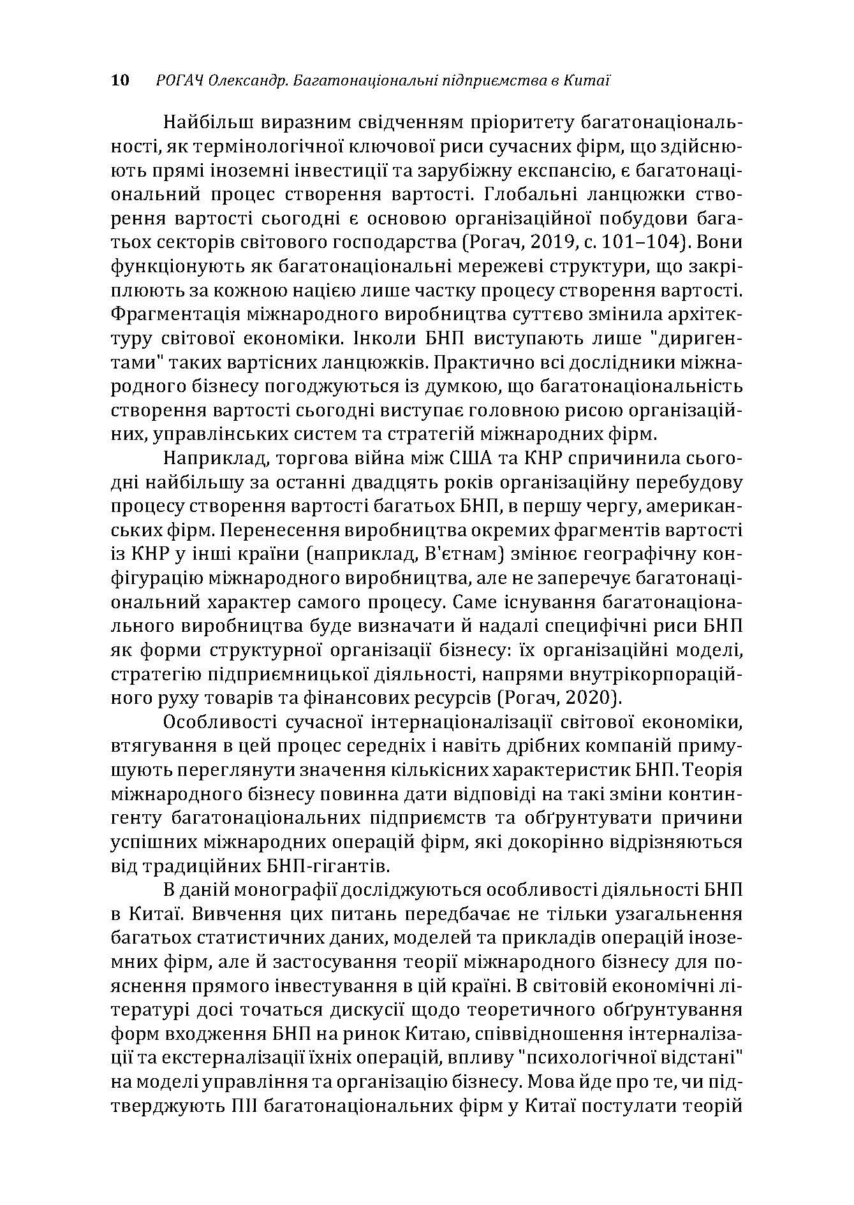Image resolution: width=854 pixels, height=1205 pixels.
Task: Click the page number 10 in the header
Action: pyautogui.click(x=120, y=80)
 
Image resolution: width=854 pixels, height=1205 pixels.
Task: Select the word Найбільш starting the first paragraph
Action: pyautogui.click(x=203, y=122)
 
